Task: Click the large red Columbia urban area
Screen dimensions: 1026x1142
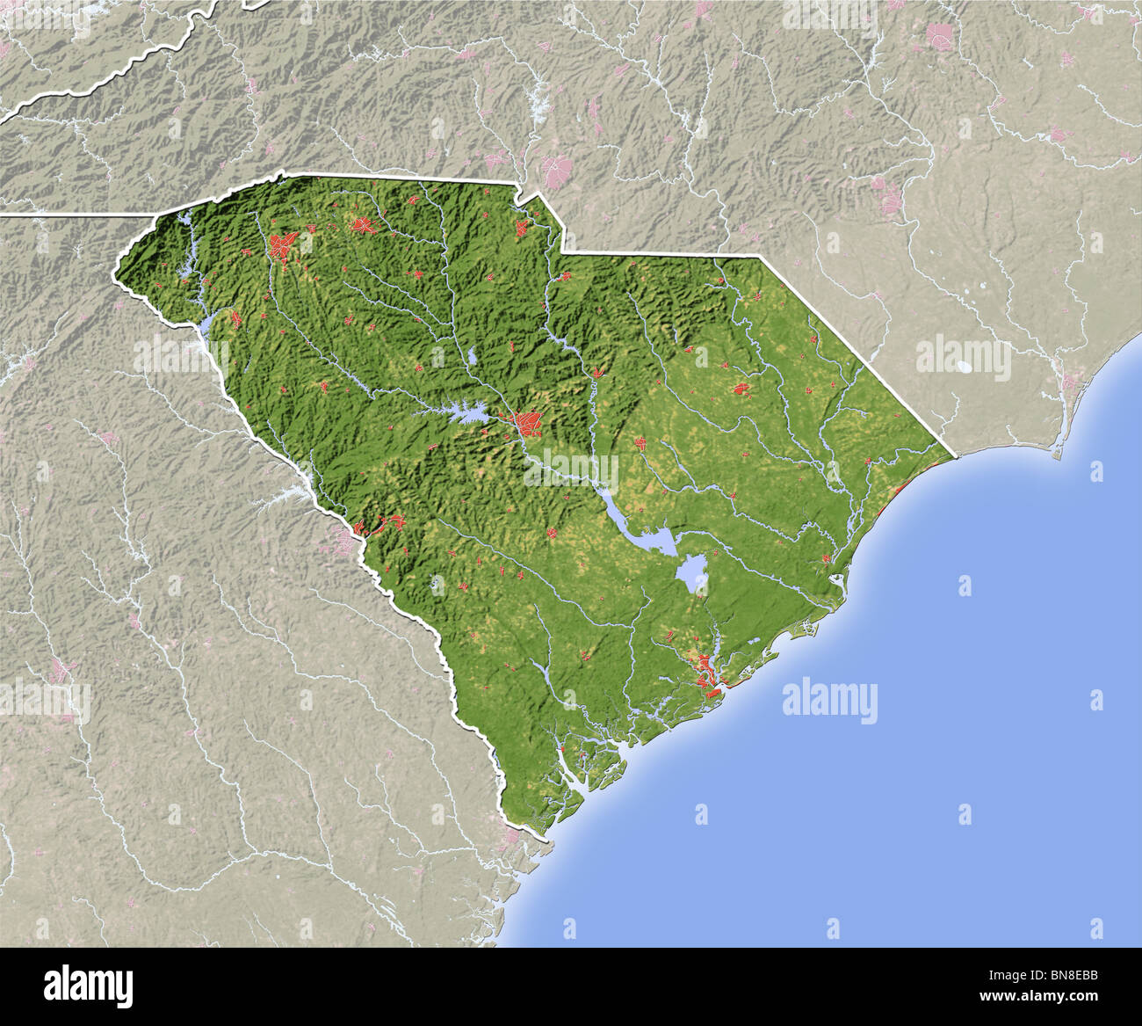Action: pos(529,423)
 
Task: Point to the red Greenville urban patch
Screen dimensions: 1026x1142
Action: pos(283,245)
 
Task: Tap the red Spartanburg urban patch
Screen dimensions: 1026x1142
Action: pos(363,225)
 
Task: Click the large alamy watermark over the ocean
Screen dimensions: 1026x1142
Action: pos(829,701)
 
